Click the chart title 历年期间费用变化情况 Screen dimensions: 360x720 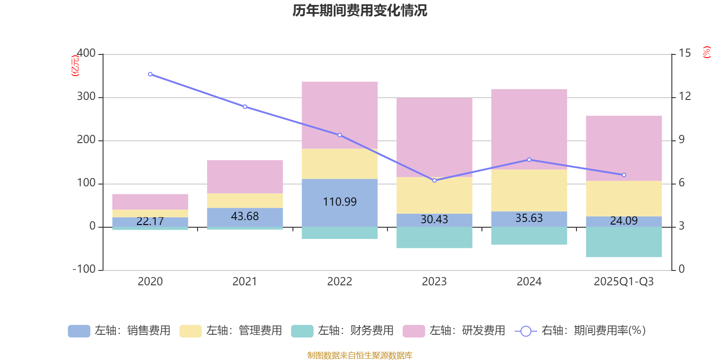pos(360,11)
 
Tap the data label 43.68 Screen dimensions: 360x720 pos(245,216)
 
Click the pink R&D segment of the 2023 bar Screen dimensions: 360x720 pos(434,137)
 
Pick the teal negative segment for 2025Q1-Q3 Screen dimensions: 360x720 pos(624,242)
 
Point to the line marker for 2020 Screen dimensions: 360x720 pos(150,74)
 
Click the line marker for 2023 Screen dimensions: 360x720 pos(434,180)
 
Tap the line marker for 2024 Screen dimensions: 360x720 pos(529,160)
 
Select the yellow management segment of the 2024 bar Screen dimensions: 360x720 pos(529,190)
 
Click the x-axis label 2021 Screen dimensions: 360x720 pos(245,282)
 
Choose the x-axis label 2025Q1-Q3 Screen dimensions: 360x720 pos(624,282)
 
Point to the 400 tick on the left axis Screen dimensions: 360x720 pos(86,54)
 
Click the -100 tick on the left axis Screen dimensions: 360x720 pos(85,270)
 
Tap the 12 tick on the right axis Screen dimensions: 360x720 pos(684,96)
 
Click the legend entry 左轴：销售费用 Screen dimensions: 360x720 pos(119,331)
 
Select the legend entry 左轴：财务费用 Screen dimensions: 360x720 pos(342,331)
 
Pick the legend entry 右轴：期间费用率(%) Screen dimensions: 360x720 pos(580,331)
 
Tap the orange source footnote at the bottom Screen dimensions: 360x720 pos(360,355)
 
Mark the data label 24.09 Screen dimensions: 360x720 pos(624,221)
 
